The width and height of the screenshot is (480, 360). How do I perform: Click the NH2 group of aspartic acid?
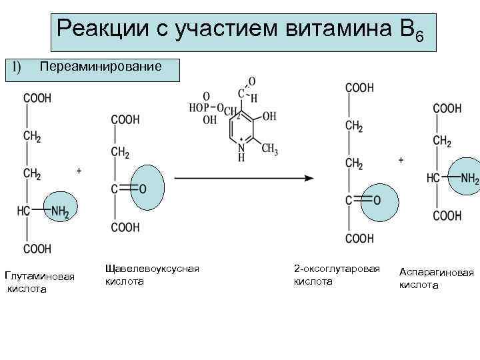[x=469, y=179]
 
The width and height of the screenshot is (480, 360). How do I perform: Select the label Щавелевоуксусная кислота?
[x=152, y=274]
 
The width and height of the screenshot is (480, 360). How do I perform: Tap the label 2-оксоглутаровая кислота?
[x=336, y=274]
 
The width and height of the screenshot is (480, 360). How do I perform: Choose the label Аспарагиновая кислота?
[x=436, y=278]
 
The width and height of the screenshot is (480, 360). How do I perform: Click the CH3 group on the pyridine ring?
[x=269, y=150]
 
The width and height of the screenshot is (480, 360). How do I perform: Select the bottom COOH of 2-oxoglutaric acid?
[x=360, y=238]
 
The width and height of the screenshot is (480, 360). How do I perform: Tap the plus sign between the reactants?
[x=79, y=171]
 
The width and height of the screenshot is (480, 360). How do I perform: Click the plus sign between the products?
[x=401, y=161]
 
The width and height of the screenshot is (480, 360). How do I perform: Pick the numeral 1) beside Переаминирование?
[x=17, y=67]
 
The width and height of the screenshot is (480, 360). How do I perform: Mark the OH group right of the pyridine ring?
[x=269, y=116]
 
